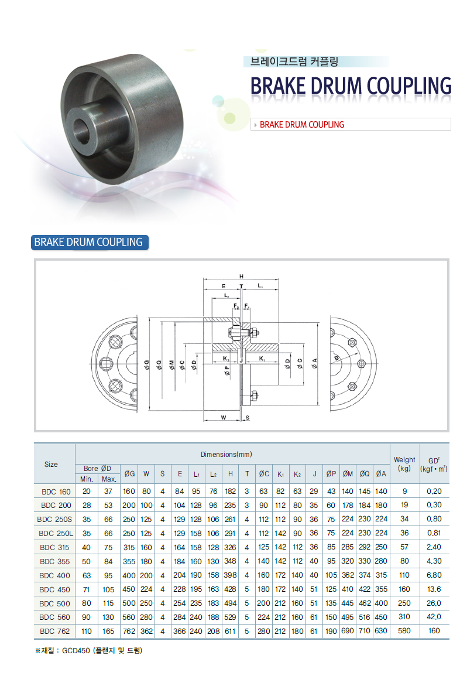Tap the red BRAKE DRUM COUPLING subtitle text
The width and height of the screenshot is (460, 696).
click(301, 125)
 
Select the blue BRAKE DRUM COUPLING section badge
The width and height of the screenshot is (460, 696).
click(90, 243)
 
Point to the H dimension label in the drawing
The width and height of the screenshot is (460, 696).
click(241, 277)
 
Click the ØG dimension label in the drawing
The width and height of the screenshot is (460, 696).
click(147, 364)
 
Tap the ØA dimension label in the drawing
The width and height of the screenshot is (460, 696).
click(314, 364)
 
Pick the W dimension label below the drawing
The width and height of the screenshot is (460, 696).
click(224, 417)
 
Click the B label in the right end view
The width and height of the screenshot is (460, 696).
click(337, 358)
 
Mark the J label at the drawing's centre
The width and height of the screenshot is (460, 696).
click(241, 360)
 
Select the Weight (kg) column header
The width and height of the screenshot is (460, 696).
click(404, 464)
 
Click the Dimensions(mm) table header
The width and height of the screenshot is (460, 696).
click(226, 455)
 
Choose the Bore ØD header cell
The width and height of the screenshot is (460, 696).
click(97, 468)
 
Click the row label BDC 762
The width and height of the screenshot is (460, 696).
click(54, 631)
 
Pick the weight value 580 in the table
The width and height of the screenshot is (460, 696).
click(404, 630)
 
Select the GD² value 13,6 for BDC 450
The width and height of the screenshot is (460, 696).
click(434, 589)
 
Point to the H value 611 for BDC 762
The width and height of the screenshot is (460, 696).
click(230, 631)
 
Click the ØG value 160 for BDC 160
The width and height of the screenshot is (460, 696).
click(129, 492)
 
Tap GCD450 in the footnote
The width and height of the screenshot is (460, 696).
click(76, 651)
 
